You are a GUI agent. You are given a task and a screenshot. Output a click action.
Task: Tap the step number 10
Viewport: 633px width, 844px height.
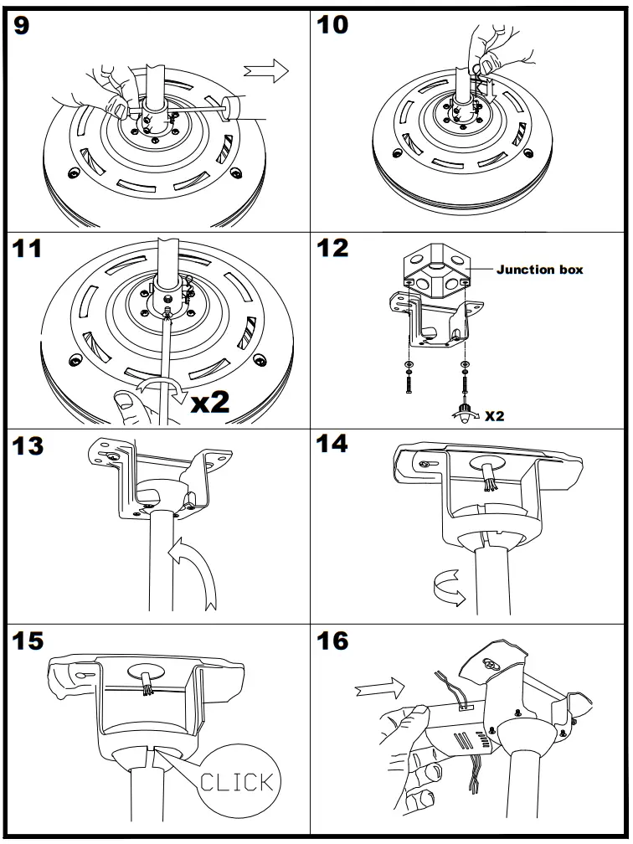(332, 25)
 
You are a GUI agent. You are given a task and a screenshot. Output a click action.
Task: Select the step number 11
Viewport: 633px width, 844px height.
(31, 249)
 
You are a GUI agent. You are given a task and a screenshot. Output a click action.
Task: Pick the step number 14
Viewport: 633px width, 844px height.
(334, 445)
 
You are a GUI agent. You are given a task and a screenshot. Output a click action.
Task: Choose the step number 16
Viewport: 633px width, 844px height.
(334, 643)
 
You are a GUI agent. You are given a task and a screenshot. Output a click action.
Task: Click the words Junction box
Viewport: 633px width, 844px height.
(539, 270)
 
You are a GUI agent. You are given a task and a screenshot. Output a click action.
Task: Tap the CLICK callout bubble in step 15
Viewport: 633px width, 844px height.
(237, 782)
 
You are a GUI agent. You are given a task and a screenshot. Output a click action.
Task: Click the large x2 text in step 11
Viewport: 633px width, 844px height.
(211, 402)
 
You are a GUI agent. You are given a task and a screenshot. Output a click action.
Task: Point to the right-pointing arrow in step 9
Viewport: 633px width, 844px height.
(265, 72)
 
